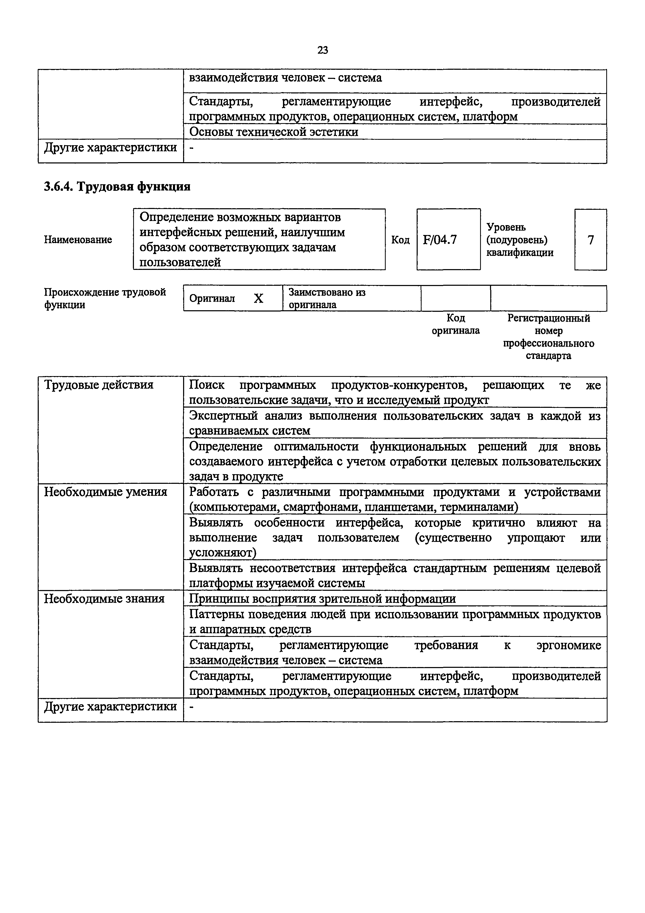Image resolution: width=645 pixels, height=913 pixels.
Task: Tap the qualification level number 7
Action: point(591,240)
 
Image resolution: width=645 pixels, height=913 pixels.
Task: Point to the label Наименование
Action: point(78,240)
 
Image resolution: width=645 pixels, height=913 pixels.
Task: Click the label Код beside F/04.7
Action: point(400,240)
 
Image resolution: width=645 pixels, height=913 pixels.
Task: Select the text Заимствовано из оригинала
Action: point(327,298)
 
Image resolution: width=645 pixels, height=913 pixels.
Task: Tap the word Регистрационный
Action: point(549,318)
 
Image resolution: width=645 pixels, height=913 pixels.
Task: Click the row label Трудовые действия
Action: point(99,385)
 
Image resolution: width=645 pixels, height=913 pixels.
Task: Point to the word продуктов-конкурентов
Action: point(401,385)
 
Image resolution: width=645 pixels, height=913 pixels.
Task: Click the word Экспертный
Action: point(223,416)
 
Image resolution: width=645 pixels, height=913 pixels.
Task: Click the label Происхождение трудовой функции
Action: point(105,298)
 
